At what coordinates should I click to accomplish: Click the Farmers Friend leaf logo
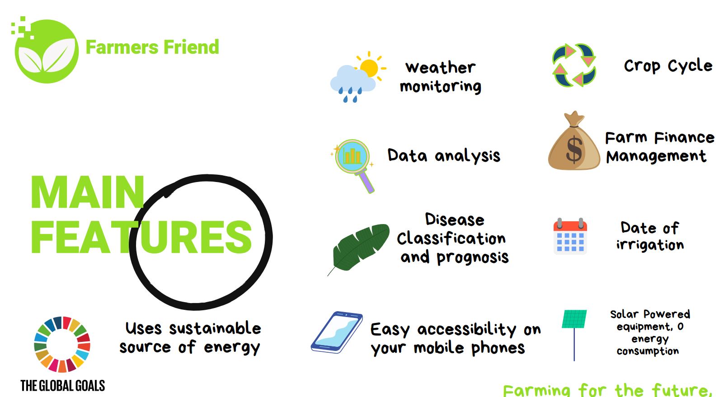point(46,51)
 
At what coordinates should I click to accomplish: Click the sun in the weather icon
point(369,68)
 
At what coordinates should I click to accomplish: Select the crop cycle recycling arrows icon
point(574,65)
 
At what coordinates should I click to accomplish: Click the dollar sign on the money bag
point(574,149)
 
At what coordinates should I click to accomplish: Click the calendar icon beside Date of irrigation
point(570,237)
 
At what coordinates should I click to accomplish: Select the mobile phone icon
point(336,332)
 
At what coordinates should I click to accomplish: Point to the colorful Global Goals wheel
point(62,344)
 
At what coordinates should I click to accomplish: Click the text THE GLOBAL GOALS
point(63,386)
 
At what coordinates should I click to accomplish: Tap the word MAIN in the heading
point(87,192)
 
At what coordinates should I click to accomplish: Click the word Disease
point(455,220)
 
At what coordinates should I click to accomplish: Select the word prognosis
point(473,257)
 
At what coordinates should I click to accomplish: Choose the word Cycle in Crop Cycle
point(690,66)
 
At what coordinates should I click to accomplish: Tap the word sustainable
point(215,328)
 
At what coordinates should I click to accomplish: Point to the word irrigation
point(650,245)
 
